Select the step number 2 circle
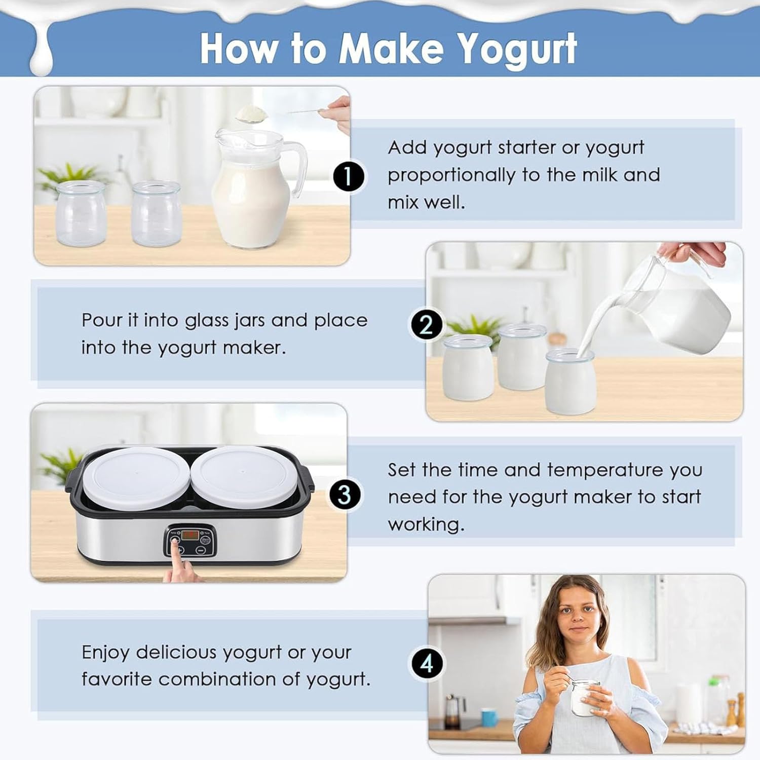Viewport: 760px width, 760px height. click(x=426, y=324)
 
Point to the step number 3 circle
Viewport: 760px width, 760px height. click(x=344, y=494)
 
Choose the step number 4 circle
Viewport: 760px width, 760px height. click(x=427, y=663)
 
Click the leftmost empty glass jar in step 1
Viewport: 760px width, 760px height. click(x=81, y=213)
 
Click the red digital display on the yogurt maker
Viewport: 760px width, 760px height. click(x=191, y=535)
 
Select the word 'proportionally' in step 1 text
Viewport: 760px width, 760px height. click(x=452, y=175)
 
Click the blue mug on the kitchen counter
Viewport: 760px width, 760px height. click(x=489, y=717)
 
